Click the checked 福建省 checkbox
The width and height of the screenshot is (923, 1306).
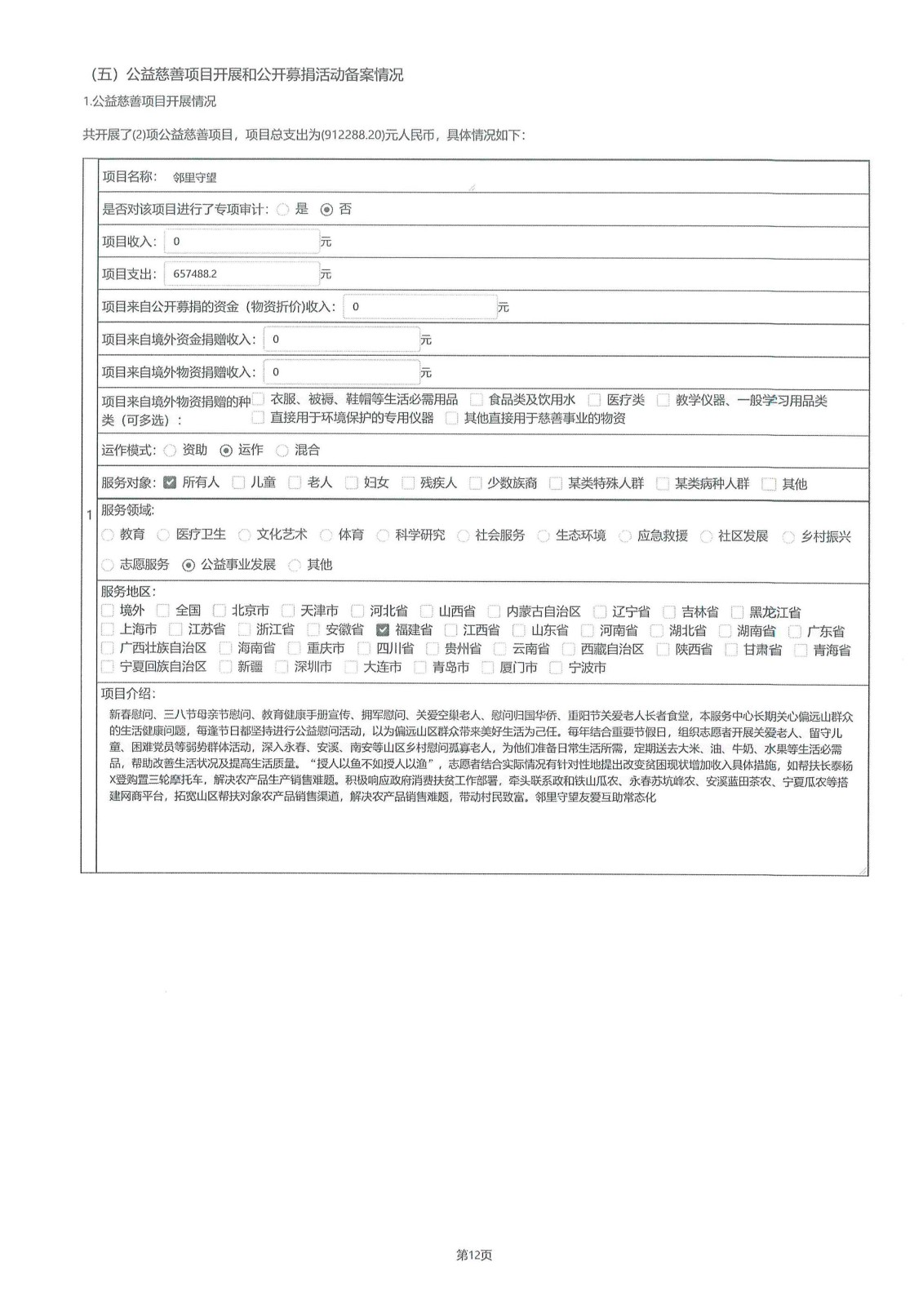click(x=383, y=630)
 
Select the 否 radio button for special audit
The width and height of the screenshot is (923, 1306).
click(x=327, y=210)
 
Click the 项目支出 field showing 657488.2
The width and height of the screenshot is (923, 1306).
click(x=242, y=274)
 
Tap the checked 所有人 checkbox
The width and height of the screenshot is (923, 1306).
click(x=170, y=482)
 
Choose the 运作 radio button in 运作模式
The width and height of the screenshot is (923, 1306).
click(x=226, y=451)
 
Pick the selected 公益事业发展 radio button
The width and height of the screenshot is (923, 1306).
click(x=189, y=565)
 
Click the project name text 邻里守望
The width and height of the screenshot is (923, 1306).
click(x=195, y=177)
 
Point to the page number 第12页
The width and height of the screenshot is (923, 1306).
click(x=474, y=1255)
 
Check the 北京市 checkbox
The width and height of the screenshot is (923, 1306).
click(x=219, y=611)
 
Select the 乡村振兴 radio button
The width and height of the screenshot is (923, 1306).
click(x=788, y=537)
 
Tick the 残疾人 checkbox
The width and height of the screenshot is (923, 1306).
click(x=408, y=483)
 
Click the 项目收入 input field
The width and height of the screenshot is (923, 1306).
click(x=242, y=242)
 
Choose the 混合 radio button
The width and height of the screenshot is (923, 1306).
click(x=282, y=451)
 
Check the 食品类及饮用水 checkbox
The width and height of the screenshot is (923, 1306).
click(x=476, y=400)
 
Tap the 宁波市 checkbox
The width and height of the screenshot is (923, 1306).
click(x=556, y=668)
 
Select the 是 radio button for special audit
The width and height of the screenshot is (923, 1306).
click(x=283, y=210)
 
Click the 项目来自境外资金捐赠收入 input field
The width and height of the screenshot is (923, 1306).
click(x=341, y=340)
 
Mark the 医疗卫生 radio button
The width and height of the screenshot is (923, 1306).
click(x=163, y=535)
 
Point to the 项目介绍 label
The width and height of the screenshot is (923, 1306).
click(x=127, y=693)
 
